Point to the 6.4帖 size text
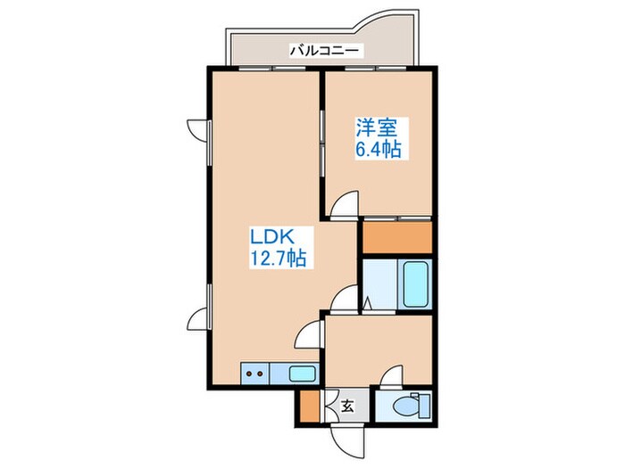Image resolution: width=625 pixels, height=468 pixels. point(379,151)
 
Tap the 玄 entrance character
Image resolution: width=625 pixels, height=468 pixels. point(347,406)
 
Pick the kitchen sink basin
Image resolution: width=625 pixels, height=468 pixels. point(300,374)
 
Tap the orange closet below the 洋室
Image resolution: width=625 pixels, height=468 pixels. point(396,236)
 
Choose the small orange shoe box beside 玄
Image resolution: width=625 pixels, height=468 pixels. point(307,406)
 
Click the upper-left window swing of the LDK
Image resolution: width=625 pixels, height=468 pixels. point(196,128)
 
